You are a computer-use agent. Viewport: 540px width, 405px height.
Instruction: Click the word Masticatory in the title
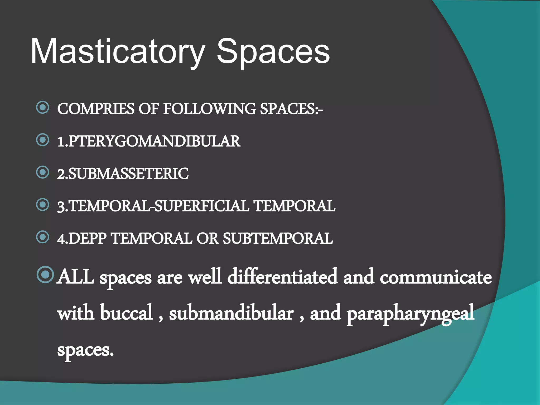118,51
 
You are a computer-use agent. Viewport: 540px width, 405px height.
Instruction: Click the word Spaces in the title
273,51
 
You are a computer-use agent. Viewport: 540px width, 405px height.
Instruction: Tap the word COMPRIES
96,109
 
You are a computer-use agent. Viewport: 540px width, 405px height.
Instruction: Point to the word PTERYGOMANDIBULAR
155,141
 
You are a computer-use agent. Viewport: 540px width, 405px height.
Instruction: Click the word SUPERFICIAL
202,206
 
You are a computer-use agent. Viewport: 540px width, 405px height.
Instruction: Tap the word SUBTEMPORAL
278,238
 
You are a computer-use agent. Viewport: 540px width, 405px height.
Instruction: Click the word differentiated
282,277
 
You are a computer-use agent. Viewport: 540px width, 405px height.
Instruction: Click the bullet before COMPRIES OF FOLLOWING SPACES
43,108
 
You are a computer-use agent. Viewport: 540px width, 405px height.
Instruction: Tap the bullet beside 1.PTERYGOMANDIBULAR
43,140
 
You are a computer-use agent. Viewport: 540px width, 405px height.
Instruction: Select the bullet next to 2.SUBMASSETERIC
43,172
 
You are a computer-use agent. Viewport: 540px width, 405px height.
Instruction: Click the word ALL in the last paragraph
76,277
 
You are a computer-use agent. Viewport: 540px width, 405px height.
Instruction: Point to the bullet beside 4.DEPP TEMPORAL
43,237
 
